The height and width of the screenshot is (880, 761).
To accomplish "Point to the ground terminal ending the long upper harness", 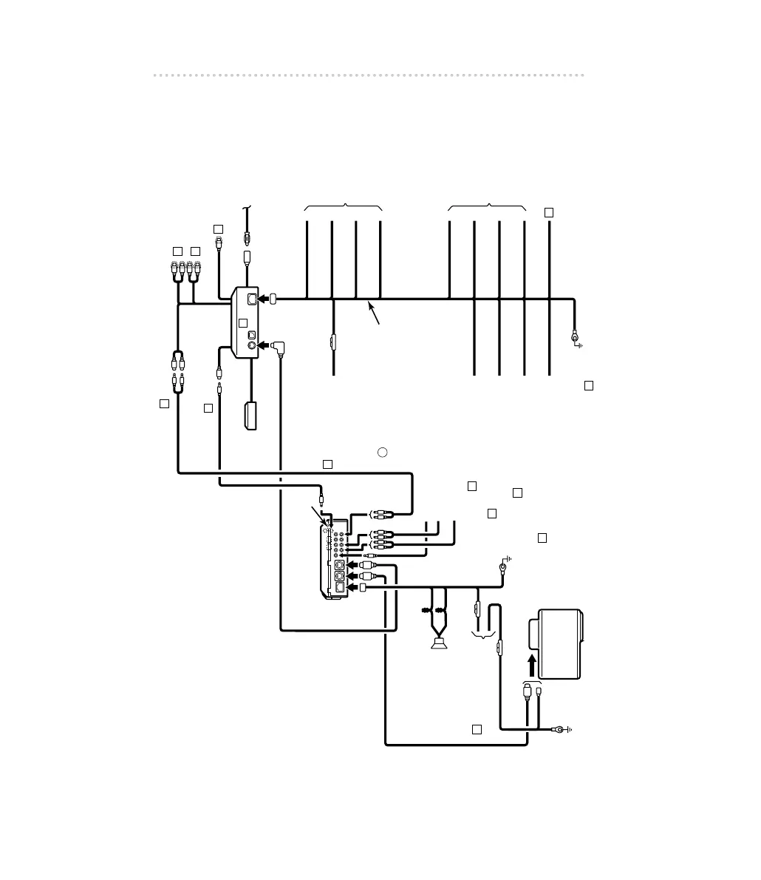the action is [575, 339].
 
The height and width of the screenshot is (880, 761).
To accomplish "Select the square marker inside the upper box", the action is [242, 323].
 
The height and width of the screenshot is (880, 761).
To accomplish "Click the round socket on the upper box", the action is [251, 345].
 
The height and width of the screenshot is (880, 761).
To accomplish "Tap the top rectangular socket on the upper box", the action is [251, 299].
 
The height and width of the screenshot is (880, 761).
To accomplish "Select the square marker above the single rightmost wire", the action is [549, 212].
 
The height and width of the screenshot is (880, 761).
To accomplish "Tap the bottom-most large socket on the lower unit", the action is [338, 588].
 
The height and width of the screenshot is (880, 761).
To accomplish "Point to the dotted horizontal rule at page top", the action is [369, 75].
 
